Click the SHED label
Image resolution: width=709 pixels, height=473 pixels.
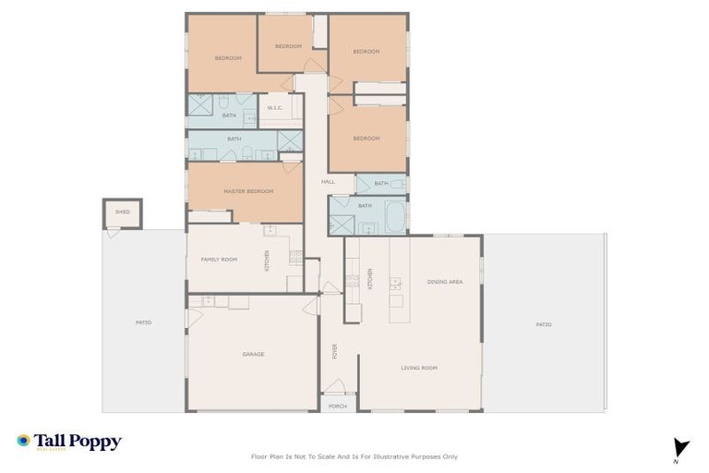point(123,212)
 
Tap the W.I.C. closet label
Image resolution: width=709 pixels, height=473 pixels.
point(275,108)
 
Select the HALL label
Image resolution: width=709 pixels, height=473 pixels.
point(328,182)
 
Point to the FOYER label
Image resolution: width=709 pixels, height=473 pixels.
point(335,351)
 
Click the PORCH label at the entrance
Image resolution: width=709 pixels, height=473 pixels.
point(338,406)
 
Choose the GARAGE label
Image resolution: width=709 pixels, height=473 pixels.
point(253,354)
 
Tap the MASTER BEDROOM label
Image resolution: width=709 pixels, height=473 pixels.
point(248,191)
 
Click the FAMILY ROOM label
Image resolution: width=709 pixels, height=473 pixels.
point(219,260)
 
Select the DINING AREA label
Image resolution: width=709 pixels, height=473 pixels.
point(445,281)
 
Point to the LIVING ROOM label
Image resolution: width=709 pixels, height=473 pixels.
point(419,368)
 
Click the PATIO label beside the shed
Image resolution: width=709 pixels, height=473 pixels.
point(143,322)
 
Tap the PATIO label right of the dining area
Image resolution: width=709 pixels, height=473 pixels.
point(544,324)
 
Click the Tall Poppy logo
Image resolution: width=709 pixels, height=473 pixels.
point(69,442)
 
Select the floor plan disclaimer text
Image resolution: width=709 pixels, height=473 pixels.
point(354,456)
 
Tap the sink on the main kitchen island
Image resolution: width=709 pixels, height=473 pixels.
point(395,283)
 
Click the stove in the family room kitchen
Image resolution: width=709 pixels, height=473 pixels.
point(295,258)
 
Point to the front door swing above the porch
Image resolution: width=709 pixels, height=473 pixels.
point(334,387)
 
